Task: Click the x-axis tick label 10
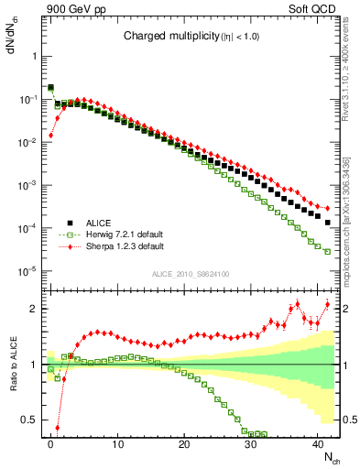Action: coord(117,443)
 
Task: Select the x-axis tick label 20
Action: coord(184,443)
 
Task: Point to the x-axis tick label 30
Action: coord(251,443)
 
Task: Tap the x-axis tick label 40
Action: coord(318,443)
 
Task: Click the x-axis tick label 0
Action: coord(50,443)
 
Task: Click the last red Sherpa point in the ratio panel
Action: coord(327,304)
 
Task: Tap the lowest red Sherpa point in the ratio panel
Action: coord(57,427)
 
